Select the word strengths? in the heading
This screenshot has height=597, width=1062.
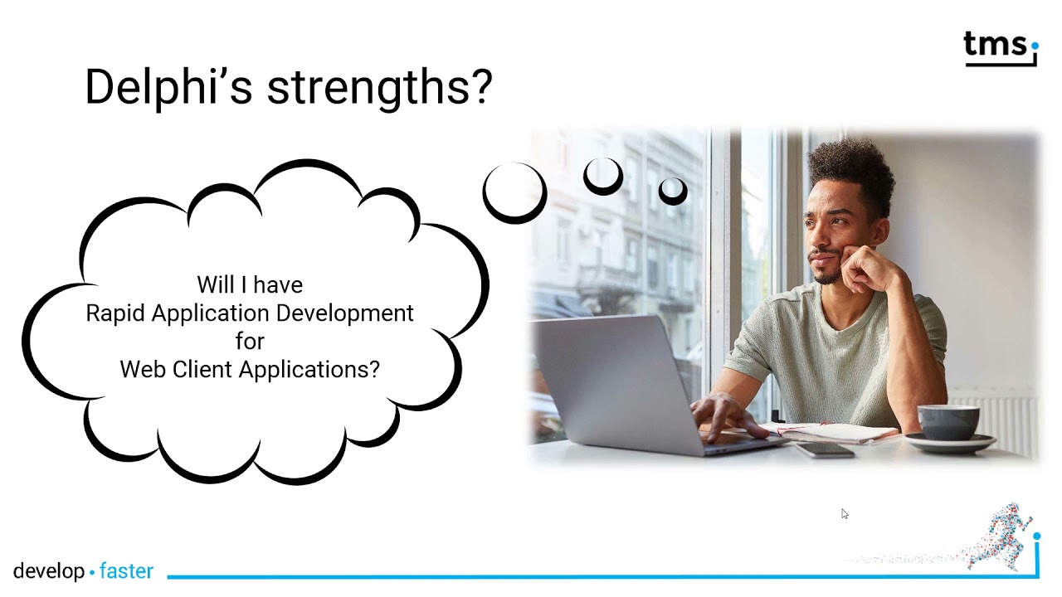pos(380,87)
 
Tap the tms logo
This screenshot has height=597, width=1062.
pos(1001,48)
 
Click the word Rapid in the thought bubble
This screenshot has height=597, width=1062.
pos(115,313)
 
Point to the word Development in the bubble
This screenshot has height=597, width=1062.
pos(344,313)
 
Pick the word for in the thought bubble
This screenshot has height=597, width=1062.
pos(250,341)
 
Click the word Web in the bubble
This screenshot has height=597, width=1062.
pos(143,369)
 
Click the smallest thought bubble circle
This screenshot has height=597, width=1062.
pos(673,202)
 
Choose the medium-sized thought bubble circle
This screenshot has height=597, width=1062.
pos(603,192)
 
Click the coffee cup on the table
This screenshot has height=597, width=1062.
pos(948,422)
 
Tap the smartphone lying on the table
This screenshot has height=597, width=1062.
pos(824,449)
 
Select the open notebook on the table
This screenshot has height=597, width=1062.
pos(835,433)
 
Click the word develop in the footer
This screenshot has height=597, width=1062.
pos(49,571)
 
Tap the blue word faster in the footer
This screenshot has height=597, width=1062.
pos(126,571)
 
